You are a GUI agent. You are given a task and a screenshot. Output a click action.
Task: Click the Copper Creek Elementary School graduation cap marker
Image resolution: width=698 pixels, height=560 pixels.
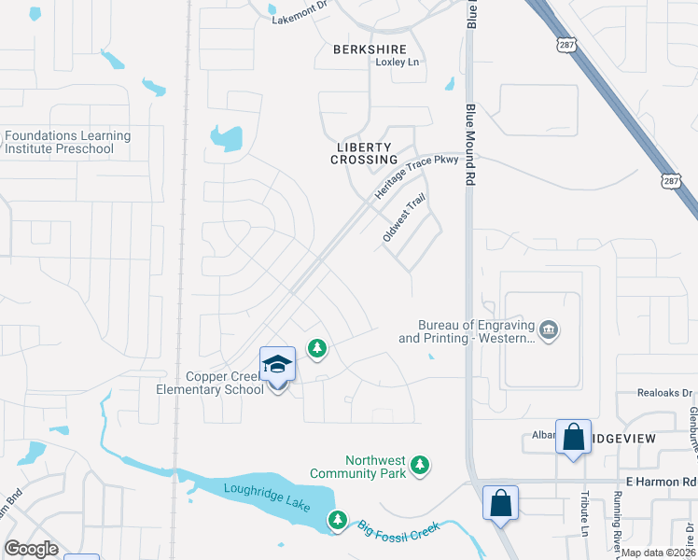tap(277, 364)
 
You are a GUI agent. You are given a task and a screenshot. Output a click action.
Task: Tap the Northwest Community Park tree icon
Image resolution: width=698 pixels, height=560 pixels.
tap(421, 464)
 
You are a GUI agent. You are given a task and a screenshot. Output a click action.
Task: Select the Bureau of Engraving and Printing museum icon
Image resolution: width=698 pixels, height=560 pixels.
tap(550, 329)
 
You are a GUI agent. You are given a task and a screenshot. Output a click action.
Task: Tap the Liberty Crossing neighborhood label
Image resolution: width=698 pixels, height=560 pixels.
tap(364, 153)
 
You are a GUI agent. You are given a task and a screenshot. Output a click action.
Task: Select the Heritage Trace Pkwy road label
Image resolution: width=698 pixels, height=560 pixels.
tap(404, 174)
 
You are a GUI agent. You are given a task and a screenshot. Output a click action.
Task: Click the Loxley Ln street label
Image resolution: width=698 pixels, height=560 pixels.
tap(398, 63)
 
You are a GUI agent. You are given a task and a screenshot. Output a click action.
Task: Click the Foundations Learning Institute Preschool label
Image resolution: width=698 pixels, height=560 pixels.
tap(67, 142)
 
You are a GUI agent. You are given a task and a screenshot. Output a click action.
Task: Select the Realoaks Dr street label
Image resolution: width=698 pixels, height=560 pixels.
tap(665, 394)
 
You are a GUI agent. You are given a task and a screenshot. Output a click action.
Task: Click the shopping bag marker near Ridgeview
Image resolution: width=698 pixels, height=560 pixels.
tap(573, 436)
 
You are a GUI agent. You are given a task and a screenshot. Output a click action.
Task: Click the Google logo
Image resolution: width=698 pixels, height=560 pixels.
tap(31, 549)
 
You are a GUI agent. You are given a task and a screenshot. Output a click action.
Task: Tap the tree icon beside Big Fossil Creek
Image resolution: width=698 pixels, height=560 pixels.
tap(338, 519)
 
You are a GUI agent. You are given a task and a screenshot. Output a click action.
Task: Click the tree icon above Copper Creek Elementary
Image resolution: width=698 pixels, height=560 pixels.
tap(317, 349)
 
